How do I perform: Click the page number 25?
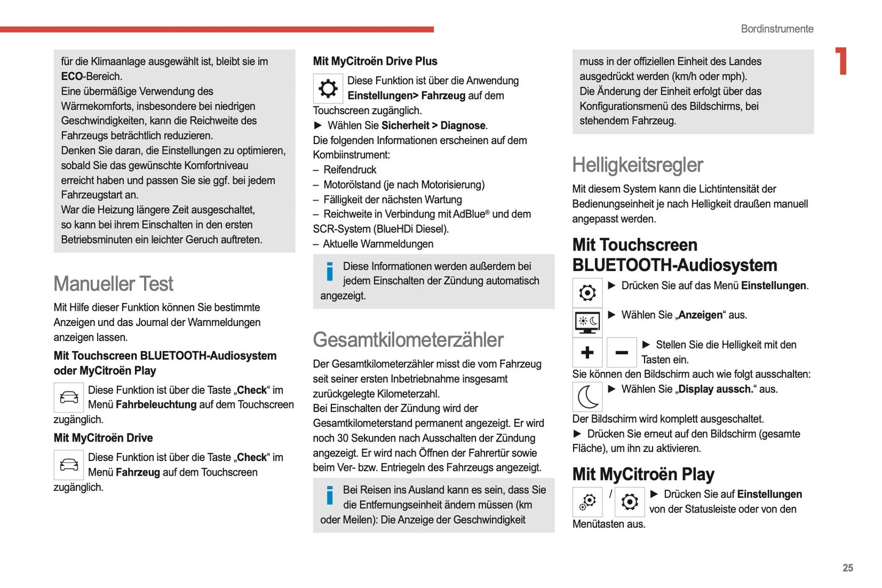[847, 568]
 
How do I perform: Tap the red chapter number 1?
[842, 61]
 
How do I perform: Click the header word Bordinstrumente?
[776, 29]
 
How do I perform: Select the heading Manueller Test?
[114, 284]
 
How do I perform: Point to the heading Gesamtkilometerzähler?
[408, 340]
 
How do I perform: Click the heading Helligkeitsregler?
[637, 165]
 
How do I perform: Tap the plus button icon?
[587, 352]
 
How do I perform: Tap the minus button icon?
[621, 352]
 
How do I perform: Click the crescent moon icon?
[587, 397]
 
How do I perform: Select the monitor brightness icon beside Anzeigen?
[587, 322]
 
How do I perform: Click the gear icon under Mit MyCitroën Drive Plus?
[328, 89]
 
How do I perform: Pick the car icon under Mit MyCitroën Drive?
[68, 465]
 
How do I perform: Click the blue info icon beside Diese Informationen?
[330, 272]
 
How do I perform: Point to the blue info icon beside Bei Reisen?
[330, 495]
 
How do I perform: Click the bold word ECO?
[71, 76]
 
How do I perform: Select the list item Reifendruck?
[350, 170]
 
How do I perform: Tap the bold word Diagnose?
[463, 125]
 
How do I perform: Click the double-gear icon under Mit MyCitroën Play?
[587, 502]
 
